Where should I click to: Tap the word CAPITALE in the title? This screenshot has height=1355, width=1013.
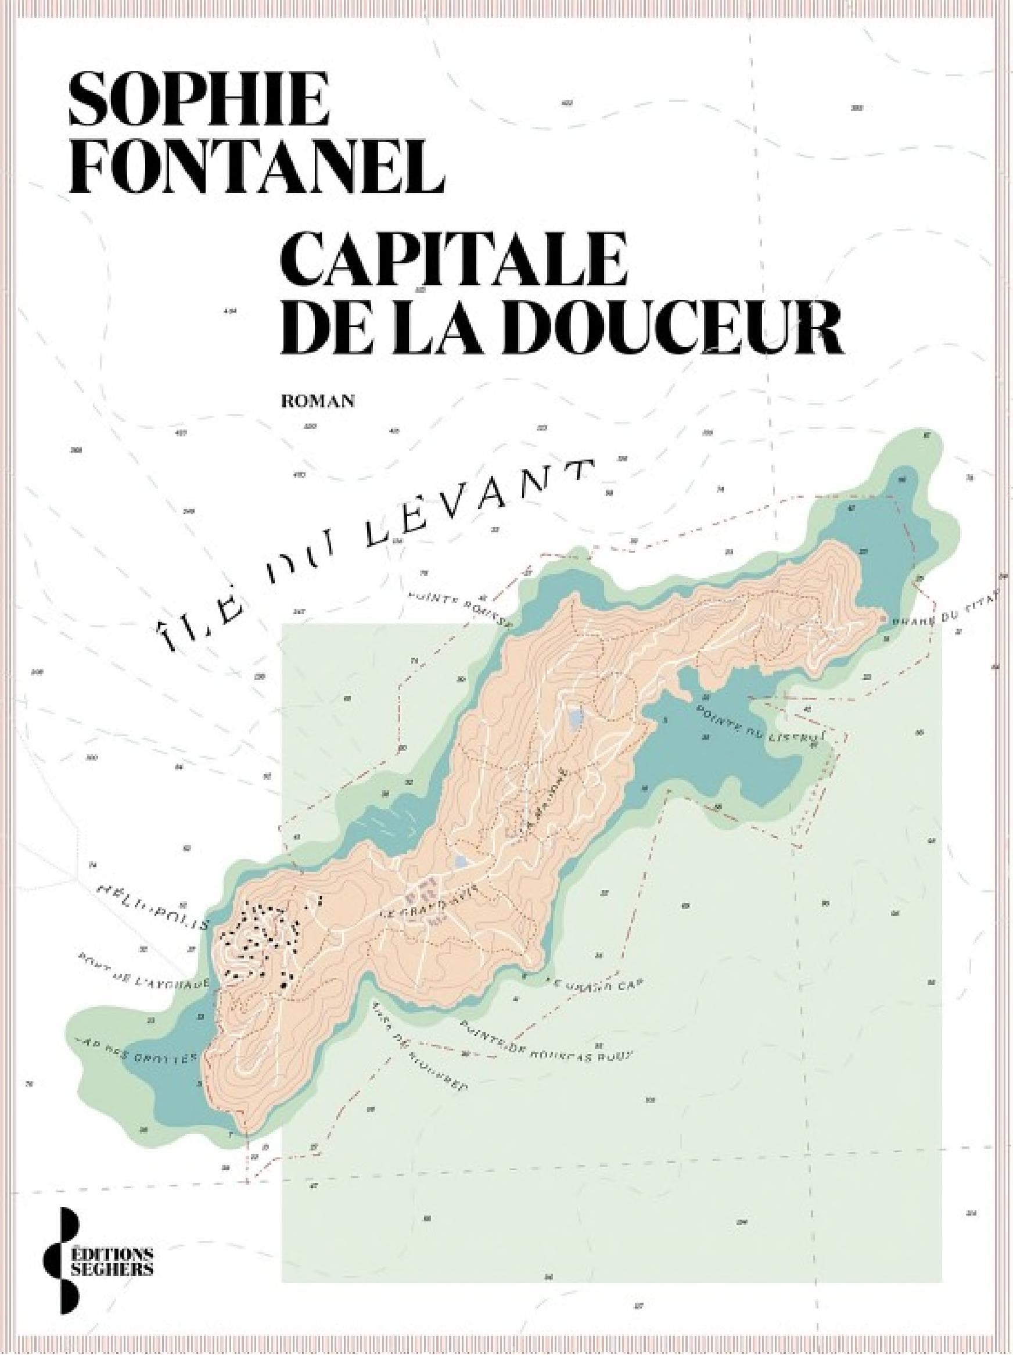454,260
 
